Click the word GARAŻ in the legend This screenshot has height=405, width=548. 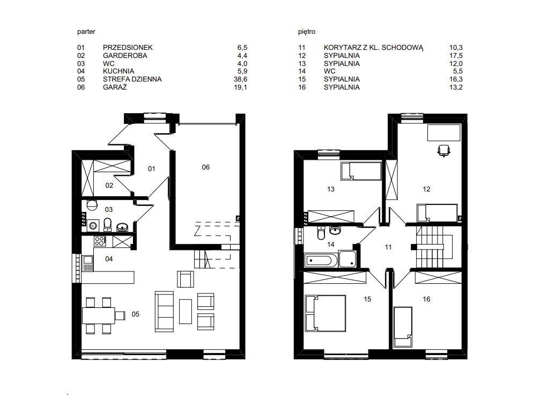(x=115, y=87)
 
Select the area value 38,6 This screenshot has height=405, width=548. (x=240, y=79)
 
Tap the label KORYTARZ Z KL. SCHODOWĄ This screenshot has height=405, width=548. (x=373, y=48)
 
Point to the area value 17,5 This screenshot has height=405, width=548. (x=456, y=56)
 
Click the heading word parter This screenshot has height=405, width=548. (x=86, y=32)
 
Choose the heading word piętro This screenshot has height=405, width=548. (x=307, y=32)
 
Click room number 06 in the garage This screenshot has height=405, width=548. (x=206, y=167)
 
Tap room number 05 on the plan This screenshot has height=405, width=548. (x=135, y=314)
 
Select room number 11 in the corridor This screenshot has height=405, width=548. (x=388, y=247)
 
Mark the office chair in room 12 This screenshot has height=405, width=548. (x=443, y=150)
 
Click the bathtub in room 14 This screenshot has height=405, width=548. (x=321, y=261)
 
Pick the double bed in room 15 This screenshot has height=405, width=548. (x=325, y=313)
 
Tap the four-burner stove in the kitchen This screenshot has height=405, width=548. (x=99, y=241)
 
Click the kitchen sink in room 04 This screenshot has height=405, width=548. (x=87, y=263)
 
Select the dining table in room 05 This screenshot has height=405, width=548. (x=99, y=315)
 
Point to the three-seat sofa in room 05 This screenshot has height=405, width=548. (x=164, y=311)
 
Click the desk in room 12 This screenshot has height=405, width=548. (x=444, y=132)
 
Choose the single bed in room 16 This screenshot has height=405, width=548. (x=403, y=327)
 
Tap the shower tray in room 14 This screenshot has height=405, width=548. (x=347, y=259)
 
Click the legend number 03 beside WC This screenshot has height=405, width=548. (x=81, y=64)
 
